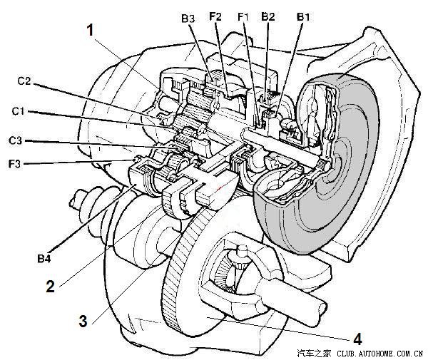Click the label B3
coord(188,19)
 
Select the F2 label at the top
coord(215,16)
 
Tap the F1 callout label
coord(243,16)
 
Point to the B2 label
coord(267,16)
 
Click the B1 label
coord(303,16)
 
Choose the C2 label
coord(24,81)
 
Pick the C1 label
coord(18,111)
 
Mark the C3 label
coord(15,140)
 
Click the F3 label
coord(14,164)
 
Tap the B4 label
coord(44,258)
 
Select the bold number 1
coord(91,30)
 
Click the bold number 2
coord(50,287)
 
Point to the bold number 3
coord(83,321)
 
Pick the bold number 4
coord(357,339)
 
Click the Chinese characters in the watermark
coord(314,354)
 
